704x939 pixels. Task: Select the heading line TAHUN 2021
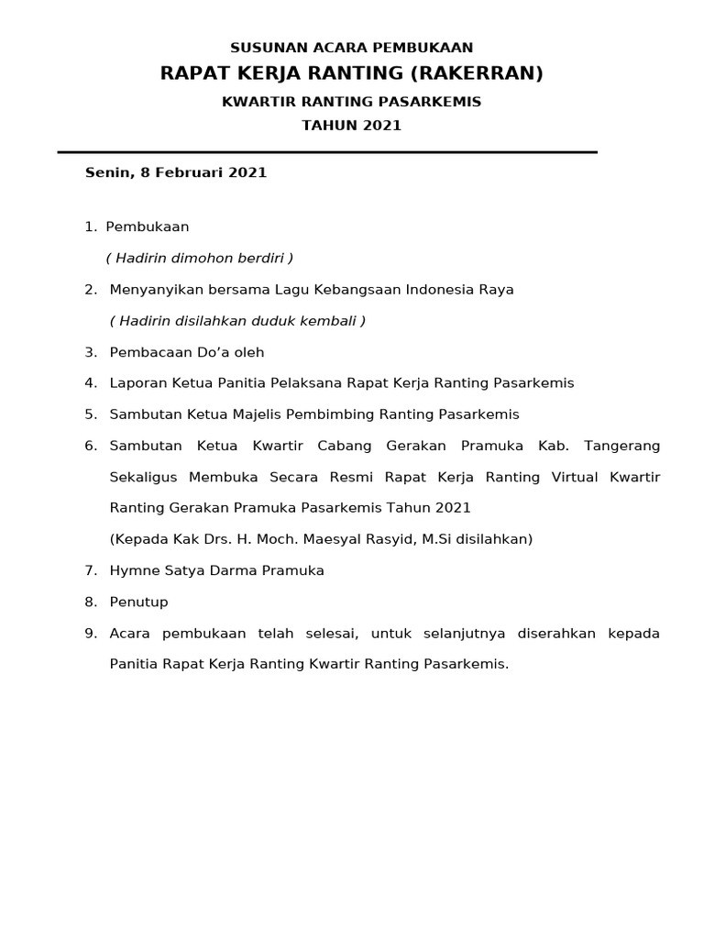(x=352, y=126)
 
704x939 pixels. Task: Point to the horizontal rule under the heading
(x=327, y=152)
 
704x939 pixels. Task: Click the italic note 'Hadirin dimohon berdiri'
(x=199, y=259)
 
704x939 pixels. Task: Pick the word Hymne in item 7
(x=135, y=570)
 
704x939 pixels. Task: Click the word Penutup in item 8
(x=138, y=602)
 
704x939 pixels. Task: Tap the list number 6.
(x=90, y=446)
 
